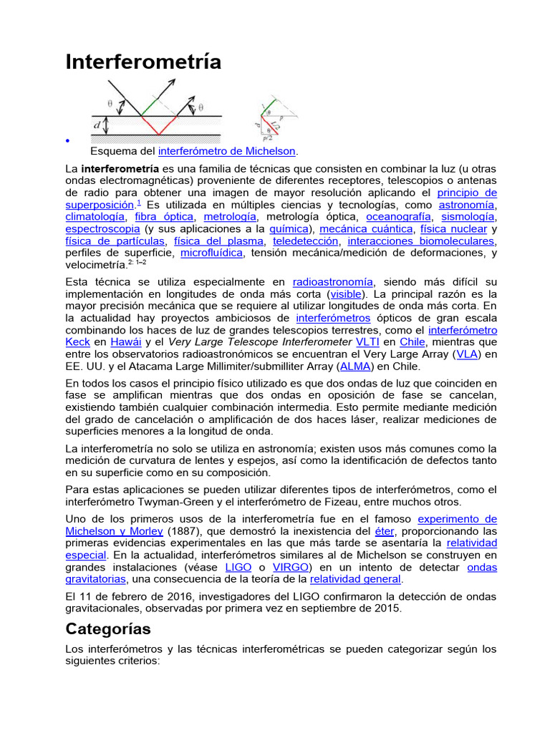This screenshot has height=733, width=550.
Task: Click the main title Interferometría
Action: (x=143, y=62)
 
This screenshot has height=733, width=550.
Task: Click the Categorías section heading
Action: (x=108, y=629)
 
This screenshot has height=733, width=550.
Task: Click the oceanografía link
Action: (x=398, y=216)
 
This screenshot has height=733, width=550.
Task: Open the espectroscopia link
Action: (x=102, y=229)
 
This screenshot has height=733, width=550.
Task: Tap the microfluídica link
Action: (x=212, y=253)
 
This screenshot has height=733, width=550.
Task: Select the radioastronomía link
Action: (x=333, y=281)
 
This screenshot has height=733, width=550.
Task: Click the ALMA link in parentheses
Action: (x=355, y=366)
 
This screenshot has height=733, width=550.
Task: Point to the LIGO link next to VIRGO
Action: (x=238, y=567)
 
